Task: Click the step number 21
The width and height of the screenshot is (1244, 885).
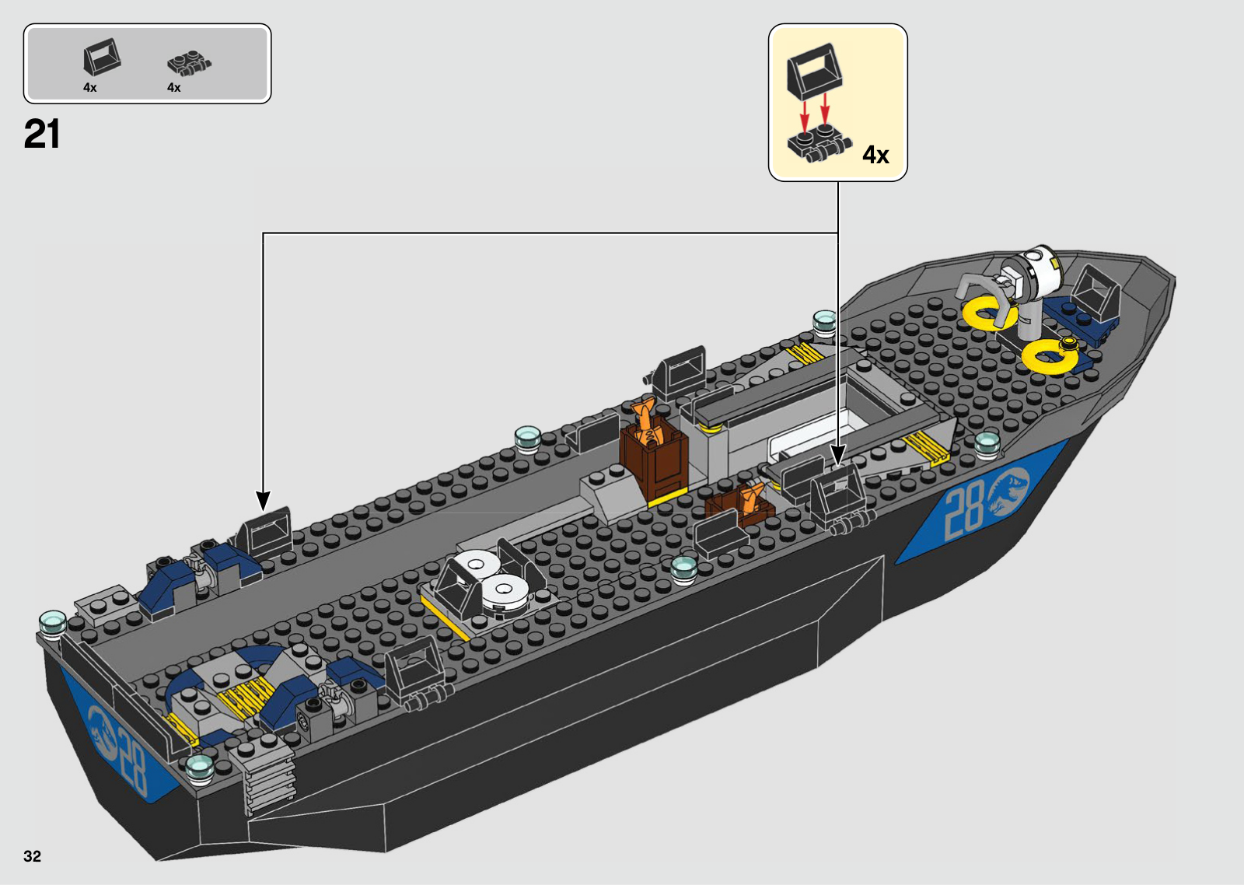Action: (x=42, y=135)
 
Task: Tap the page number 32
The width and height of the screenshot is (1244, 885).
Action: (x=32, y=856)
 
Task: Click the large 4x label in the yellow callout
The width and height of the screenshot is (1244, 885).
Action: (x=875, y=155)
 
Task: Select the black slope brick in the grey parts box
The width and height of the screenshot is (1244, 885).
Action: (x=102, y=58)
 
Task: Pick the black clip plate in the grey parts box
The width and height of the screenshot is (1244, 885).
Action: (x=189, y=63)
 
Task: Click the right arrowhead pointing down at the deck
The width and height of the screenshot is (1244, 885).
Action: (x=838, y=453)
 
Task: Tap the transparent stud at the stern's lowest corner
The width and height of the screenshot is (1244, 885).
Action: (x=200, y=767)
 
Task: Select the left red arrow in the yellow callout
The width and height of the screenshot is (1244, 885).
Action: (x=805, y=114)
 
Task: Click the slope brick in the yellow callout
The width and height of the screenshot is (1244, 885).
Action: (x=815, y=68)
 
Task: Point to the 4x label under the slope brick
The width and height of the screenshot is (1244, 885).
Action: (x=90, y=88)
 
